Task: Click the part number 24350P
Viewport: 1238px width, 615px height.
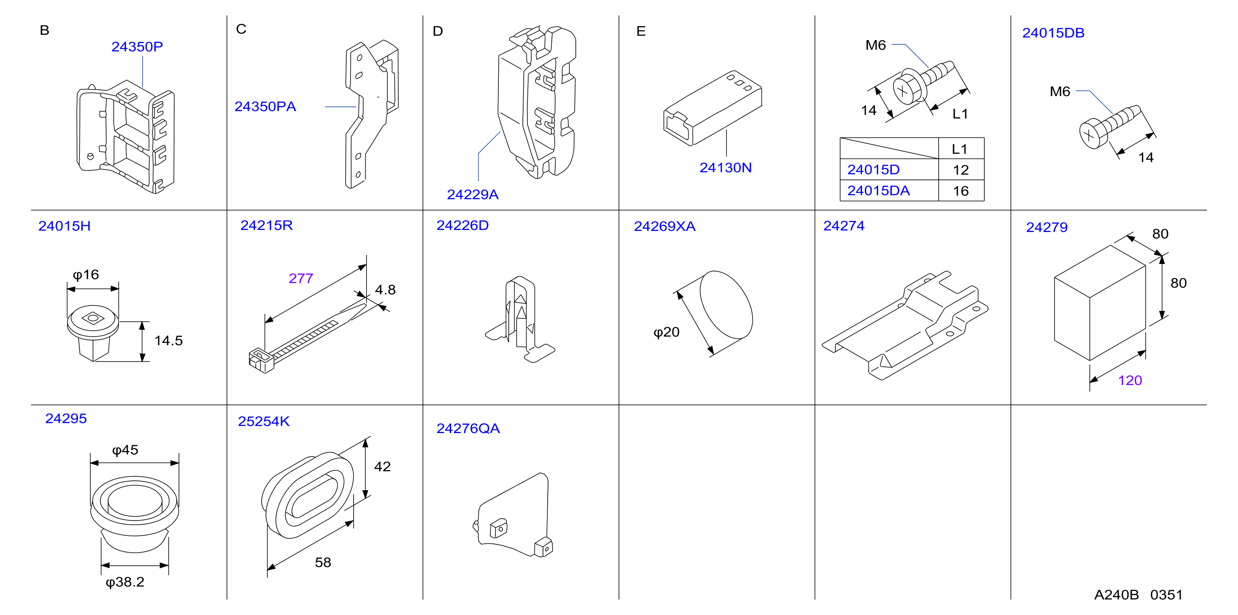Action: coord(137,46)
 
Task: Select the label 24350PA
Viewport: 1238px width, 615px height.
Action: coord(265,106)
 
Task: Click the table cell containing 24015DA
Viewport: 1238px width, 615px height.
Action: coord(889,191)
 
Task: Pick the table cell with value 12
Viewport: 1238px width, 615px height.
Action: coord(961,169)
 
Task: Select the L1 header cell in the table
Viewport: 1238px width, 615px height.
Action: coord(961,148)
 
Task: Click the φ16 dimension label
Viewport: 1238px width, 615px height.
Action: coord(85,274)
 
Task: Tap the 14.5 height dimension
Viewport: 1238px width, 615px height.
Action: coord(169,340)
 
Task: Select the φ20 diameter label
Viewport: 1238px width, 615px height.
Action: coord(666,332)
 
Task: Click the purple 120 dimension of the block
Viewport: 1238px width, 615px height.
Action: coord(1130,380)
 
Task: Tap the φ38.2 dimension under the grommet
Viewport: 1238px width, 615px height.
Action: coord(125,582)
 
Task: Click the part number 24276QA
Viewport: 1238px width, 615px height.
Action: coord(468,428)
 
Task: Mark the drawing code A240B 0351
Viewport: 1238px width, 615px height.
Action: coord(1138,595)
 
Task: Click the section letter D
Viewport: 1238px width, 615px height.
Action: coord(437,31)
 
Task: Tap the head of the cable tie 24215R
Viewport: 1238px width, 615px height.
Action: coord(261,361)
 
